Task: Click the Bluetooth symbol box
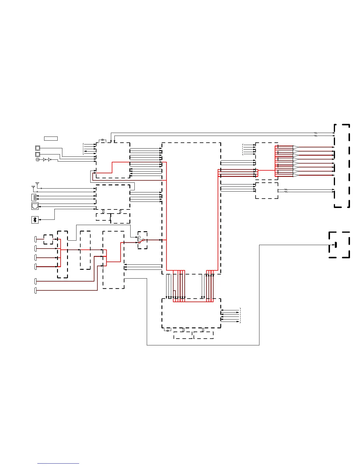(35, 220)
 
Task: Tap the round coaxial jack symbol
(38, 159)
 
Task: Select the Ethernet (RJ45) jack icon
(35, 206)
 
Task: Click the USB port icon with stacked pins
(34, 197)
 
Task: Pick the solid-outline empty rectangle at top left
(51, 138)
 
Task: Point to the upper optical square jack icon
(38, 148)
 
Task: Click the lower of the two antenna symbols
(33, 187)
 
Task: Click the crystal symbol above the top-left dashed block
(102, 140)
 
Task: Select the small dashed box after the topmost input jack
(48, 239)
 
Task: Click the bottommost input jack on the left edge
(36, 290)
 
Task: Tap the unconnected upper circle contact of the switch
(139, 237)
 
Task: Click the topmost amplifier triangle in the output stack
(296, 147)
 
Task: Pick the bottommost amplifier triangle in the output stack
(296, 175)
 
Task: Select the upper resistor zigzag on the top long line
(316, 133)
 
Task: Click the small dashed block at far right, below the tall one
(339, 245)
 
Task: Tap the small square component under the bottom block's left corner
(168, 330)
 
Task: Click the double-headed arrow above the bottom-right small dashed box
(203, 329)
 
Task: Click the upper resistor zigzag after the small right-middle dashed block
(285, 190)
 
